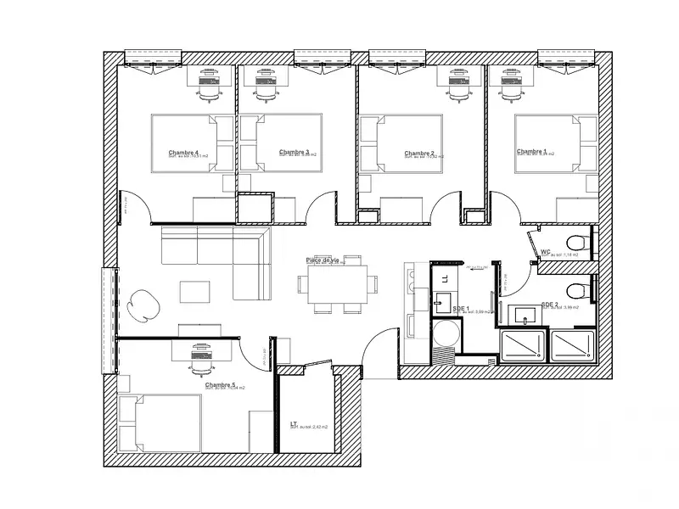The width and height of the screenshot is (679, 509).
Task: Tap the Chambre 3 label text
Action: click(294, 152)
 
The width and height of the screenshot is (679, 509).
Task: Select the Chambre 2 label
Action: click(419, 153)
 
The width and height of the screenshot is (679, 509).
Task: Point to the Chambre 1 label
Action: click(531, 152)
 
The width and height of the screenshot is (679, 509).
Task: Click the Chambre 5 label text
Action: click(219, 384)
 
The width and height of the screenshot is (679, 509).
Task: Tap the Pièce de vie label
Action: click(323, 260)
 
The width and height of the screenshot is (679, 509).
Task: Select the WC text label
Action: click(546, 251)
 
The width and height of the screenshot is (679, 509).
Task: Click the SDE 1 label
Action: click(461, 309)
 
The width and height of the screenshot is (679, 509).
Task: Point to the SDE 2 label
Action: click(549, 304)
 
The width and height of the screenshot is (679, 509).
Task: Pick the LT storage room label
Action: click(293, 423)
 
